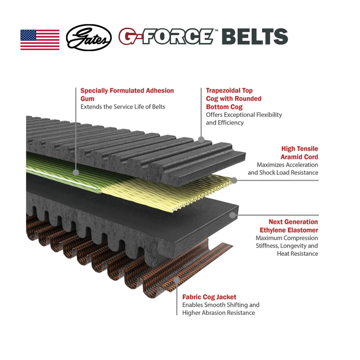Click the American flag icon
[40, 40]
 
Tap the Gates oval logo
[89, 38]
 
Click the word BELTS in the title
[255, 37]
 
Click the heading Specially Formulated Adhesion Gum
[127, 95]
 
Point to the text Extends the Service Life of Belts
[123, 107]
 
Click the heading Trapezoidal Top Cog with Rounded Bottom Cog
[234, 99]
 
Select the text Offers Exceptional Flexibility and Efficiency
[244, 118]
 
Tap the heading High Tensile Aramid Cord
[299, 153]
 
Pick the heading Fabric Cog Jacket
[209, 297]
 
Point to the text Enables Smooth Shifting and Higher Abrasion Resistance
[220, 309]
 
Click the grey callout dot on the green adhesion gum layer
[76, 172]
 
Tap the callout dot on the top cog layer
[201, 140]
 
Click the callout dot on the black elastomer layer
[232, 215]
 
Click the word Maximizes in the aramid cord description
[270, 165]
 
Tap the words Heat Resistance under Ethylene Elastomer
[297, 253]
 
